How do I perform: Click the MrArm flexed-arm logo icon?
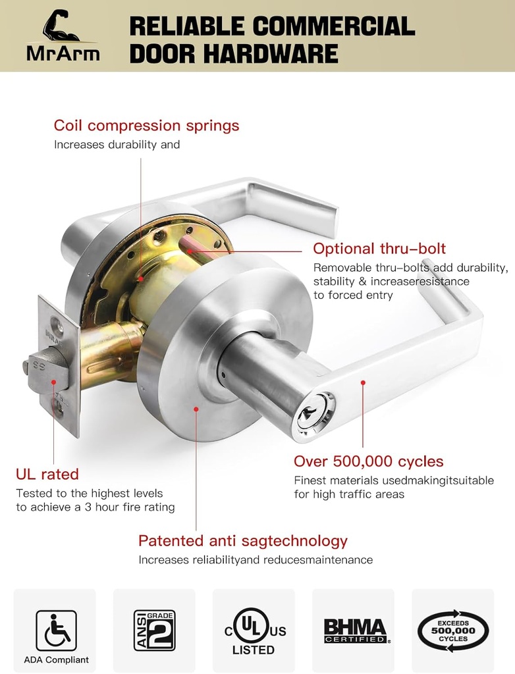point(61,26)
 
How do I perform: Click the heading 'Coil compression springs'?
point(146,126)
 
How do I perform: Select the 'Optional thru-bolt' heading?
point(379,248)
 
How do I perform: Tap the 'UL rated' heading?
point(47,474)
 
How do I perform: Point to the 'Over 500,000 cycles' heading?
point(368,461)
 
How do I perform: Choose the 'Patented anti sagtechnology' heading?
point(242,541)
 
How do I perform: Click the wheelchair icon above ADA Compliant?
point(57,630)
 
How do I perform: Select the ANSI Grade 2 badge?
point(154,630)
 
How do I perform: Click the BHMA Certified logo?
point(356,631)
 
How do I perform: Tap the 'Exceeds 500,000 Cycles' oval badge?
point(453,631)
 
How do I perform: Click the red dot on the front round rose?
point(196,409)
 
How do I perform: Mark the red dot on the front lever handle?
point(363,382)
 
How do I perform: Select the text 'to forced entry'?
point(353,296)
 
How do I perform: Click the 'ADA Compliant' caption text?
point(57,660)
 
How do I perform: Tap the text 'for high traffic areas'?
point(349,494)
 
